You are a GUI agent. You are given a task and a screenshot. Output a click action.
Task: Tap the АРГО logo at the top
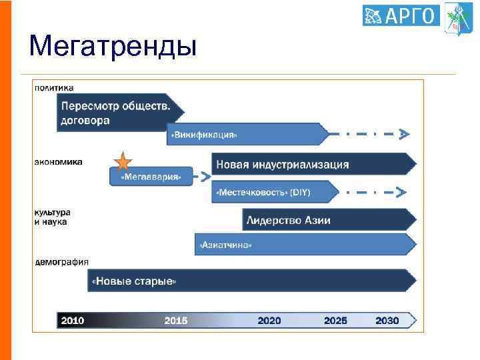(401, 15)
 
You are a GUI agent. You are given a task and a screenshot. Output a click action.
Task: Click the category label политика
(54, 87)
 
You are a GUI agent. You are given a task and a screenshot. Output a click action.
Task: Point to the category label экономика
(59, 161)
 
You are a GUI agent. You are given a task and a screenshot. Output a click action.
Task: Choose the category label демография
(61, 262)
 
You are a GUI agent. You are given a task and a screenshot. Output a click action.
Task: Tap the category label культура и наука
(51, 217)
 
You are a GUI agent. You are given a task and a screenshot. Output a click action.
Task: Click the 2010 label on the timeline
(73, 321)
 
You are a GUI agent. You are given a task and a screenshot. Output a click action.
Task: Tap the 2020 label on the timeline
(269, 321)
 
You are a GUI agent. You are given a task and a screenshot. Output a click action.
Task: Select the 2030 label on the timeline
(387, 321)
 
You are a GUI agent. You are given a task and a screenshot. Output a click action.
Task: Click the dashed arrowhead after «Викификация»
(403, 134)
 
